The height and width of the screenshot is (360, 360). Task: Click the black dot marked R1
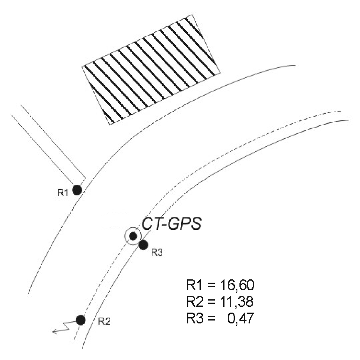click(77, 190)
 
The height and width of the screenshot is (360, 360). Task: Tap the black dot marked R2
click(81, 320)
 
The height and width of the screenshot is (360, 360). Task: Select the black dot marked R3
click(143, 245)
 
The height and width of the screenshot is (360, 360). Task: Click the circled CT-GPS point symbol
click(133, 236)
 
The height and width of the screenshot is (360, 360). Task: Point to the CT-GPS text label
click(172, 224)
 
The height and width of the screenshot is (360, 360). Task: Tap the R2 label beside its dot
click(104, 321)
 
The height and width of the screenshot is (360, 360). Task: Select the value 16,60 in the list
click(237, 285)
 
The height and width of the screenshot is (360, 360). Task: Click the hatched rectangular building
click(151, 69)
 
